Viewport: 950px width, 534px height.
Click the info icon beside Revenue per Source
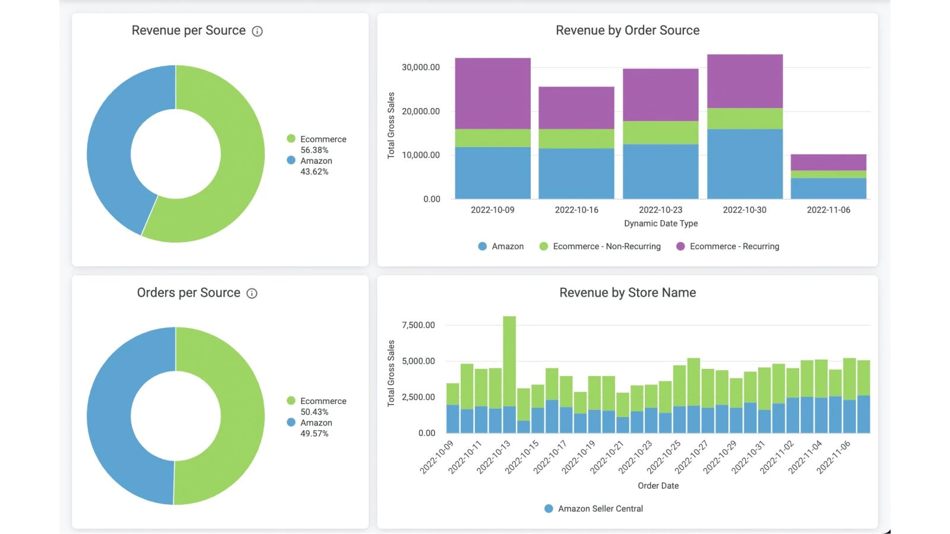(x=257, y=31)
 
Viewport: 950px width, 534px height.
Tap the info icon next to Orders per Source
(x=252, y=294)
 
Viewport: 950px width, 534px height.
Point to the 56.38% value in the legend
(x=314, y=150)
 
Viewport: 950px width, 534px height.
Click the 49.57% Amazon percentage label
(x=314, y=434)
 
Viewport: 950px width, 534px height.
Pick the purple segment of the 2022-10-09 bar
(x=493, y=93)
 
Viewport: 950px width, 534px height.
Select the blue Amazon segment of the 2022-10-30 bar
(x=745, y=164)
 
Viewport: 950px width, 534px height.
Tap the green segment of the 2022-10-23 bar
(x=660, y=132)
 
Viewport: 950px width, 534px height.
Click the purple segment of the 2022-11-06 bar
(x=828, y=162)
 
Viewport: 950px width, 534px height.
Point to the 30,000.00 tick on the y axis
(x=420, y=68)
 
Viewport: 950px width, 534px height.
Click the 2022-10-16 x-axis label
(x=577, y=210)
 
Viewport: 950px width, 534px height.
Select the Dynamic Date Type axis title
(x=661, y=224)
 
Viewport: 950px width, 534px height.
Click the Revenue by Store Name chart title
(x=628, y=293)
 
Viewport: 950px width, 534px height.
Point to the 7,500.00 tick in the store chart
(x=418, y=325)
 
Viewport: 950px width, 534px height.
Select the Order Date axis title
(x=658, y=486)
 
